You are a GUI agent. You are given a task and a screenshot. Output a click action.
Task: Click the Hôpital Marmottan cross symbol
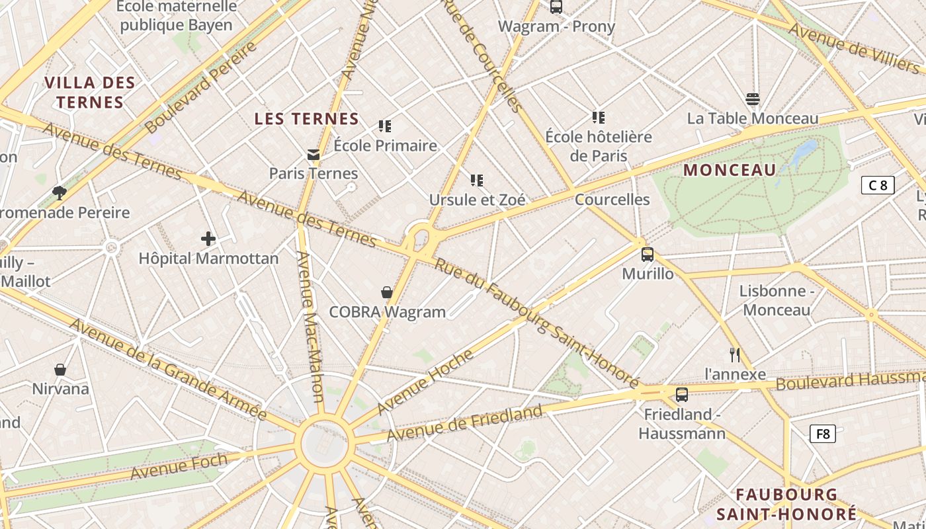coord(208,239)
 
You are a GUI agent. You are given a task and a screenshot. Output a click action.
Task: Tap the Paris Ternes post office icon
coord(313,155)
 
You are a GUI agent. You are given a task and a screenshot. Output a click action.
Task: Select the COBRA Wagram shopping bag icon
coord(387,292)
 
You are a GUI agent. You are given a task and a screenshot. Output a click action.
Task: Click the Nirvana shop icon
coord(60,370)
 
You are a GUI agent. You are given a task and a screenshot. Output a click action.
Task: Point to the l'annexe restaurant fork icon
coord(734,355)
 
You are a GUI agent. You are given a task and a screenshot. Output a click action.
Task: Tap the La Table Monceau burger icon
coord(753,99)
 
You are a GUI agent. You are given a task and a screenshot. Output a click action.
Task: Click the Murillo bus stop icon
coord(648,255)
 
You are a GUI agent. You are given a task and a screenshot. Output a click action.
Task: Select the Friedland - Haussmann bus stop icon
coord(682,395)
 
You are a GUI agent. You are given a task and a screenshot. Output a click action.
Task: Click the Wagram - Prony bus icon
coord(556,7)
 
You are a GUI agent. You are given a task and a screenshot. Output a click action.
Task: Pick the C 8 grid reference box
coord(878,185)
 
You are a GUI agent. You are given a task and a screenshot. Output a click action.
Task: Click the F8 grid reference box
coord(823,434)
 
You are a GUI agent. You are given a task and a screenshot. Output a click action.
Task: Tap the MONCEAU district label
coord(730,170)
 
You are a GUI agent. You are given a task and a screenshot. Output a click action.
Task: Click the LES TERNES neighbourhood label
coord(307,119)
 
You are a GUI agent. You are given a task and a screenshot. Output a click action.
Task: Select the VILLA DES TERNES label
coord(90,93)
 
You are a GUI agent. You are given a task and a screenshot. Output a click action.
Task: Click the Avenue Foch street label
coord(179,466)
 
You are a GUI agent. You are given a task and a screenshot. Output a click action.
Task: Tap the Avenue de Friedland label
coord(464,424)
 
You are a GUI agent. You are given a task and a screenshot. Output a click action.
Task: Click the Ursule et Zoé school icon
coord(476,180)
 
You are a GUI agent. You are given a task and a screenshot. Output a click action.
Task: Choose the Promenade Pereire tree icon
coord(60,192)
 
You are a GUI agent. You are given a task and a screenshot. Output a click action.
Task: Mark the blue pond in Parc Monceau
coord(803,153)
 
